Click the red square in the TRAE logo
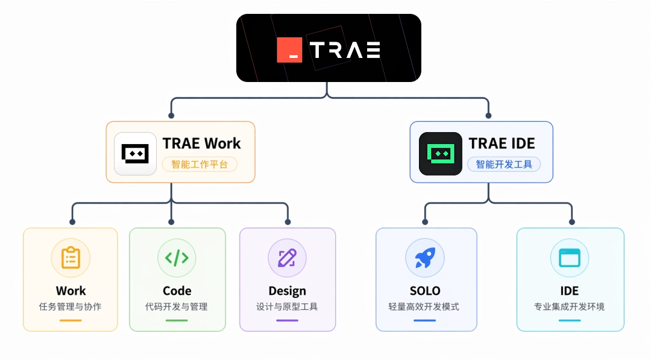(x=289, y=50)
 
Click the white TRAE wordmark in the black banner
(x=345, y=50)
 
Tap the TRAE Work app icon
(x=136, y=154)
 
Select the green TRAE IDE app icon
(x=441, y=154)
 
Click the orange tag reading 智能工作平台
(x=200, y=165)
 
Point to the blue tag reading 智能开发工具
(x=504, y=165)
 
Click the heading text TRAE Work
(x=201, y=144)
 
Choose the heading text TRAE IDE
(x=502, y=144)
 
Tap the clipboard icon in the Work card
(x=71, y=258)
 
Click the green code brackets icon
(x=177, y=258)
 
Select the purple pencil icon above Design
(x=288, y=258)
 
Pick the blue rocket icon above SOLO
(x=425, y=258)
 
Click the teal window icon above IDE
(x=570, y=258)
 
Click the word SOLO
(x=425, y=291)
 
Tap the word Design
(x=288, y=291)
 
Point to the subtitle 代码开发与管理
(x=177, y=307)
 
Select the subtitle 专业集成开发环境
(x=569, y=307)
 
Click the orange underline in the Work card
(x=71, y=321)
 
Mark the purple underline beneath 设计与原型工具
(x=288, y=321)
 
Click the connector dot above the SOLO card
(x=425, y=222)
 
